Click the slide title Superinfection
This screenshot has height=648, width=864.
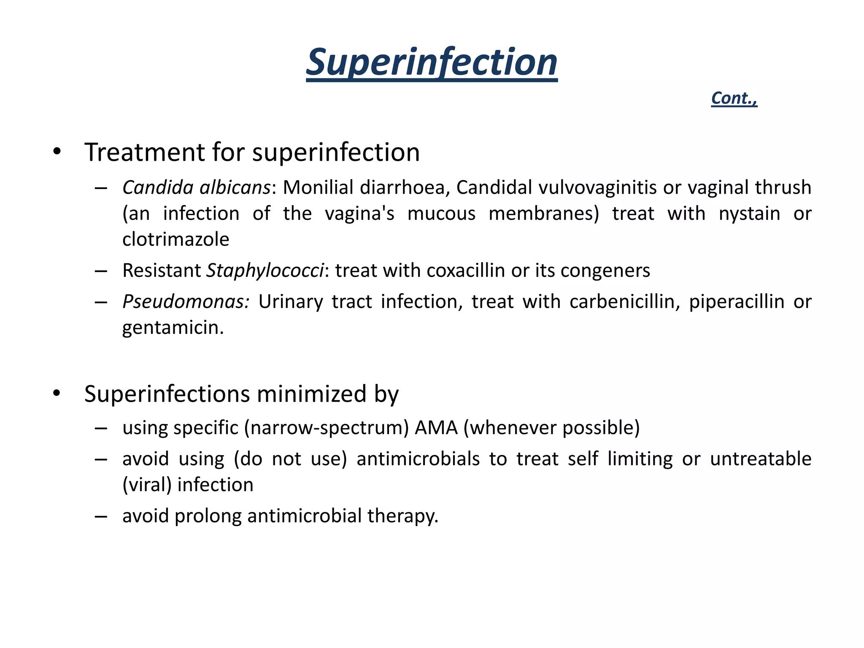(x=432, y=62)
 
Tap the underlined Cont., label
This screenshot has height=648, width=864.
(x=734, y=98)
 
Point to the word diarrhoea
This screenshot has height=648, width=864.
(x=402, y=187)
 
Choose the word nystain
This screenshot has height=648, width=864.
(x=749, y=213)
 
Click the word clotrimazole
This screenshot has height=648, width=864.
(x=175, y=240)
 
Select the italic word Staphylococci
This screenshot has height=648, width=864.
(x=265, y=270)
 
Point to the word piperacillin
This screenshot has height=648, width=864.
(x=737, y=302)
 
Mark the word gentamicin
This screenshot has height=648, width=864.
(x=173, y=328)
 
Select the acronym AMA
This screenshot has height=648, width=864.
(x=436, y=428)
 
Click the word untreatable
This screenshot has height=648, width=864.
(x=761, y=459)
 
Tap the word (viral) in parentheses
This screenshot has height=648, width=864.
(x=147, y=485)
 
